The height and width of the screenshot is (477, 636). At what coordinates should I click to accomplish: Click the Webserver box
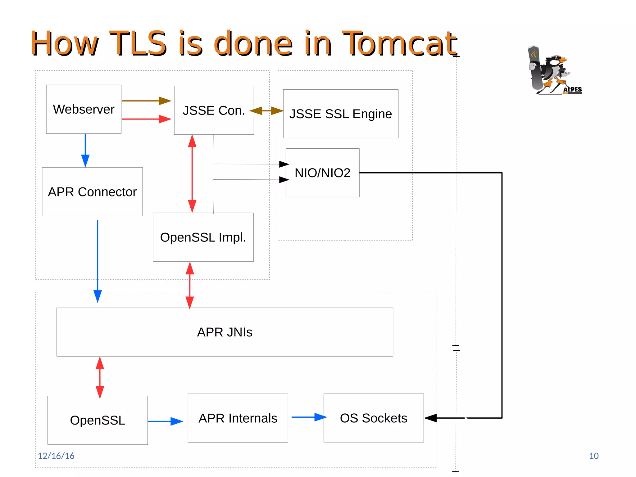click(84, 109)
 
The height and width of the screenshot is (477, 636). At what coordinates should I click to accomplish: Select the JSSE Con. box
click(214, 110)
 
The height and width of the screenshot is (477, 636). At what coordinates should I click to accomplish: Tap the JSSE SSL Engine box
click(340, 114)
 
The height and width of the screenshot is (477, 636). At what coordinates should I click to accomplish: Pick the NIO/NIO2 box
click(322, 173)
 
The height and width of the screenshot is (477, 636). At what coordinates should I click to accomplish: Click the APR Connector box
click(92, 192)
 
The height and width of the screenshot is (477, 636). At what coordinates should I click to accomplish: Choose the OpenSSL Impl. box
click(203, 237)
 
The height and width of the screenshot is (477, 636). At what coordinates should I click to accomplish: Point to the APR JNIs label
click(225, 332)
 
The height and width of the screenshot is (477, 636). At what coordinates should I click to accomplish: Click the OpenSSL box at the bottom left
click(98, 420)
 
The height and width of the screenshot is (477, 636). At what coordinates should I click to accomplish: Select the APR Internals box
click(238, 418)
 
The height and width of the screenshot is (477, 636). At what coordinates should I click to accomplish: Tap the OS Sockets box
click(374, 418)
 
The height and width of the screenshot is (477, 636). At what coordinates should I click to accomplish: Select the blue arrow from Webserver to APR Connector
click(85, 151)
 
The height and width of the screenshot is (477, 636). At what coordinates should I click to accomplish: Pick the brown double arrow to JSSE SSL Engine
click(266, 111)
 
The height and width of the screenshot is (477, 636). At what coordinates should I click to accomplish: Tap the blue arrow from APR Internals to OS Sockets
click(309, 417)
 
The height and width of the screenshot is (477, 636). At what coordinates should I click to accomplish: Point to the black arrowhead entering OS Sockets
click(431, 418)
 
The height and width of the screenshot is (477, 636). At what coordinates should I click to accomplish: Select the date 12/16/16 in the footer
click(56, 456)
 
